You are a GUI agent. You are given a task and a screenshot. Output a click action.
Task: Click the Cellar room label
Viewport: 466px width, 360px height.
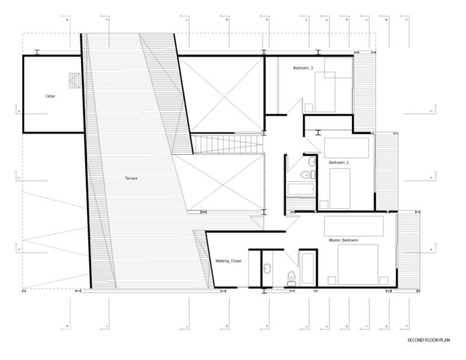click(x=50, y=96)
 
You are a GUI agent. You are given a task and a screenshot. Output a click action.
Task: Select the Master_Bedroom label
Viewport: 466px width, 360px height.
click(x=343, y=241)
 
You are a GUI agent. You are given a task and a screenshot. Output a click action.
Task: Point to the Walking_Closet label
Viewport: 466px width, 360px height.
click(x=228, y=261)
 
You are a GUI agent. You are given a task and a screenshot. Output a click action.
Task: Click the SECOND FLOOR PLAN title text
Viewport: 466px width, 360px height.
click(x=428, y=340)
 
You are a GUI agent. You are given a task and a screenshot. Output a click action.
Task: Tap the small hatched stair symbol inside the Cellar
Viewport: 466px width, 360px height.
click(x=74, y=80)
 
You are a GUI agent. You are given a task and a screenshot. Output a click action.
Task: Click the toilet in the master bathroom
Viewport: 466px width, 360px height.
click(x=291, y=277)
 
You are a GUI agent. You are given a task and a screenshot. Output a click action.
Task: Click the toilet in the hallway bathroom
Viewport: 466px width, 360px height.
click(x=307, y=175)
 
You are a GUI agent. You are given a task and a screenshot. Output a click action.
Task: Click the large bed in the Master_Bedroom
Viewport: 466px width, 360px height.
click(x=358, y=265)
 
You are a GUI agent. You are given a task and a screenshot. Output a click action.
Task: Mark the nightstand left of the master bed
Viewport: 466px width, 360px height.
click(x=331, y=278)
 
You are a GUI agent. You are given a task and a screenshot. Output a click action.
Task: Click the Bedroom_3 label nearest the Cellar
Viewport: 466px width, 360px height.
click(x=303, y=68)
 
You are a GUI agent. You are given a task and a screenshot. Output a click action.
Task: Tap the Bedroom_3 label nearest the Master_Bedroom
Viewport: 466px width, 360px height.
click(x=339, y=163)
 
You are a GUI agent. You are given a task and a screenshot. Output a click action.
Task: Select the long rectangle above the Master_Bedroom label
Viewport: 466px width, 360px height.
click(x=354, y=226)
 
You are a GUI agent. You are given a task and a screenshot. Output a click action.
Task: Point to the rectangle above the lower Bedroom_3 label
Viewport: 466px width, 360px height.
click(x=347, y=148)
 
